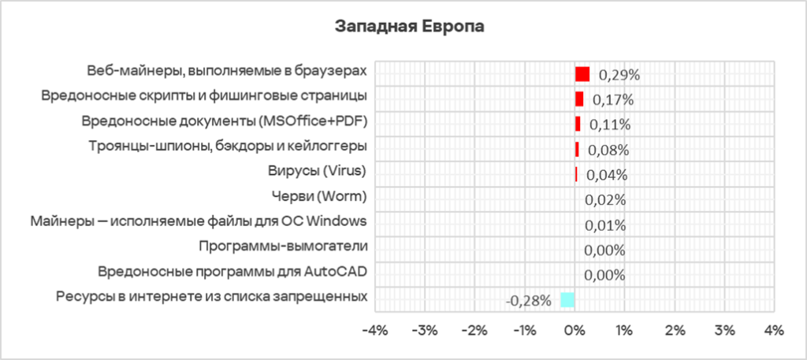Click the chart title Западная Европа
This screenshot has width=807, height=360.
point(409,26)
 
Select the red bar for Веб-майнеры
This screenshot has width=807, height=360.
point(582,74)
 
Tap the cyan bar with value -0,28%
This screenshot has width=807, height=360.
point(567,299)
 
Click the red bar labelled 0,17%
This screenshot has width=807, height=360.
point(579,99)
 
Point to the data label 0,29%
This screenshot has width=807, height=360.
point(619,75)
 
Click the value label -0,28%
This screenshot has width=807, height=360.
point(528,300)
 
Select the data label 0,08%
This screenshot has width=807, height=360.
point(607,150)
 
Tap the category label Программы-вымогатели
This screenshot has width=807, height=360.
point(284,247)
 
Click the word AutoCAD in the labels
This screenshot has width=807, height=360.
point(339,272)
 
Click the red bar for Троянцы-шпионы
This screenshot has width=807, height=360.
point(577,150)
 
